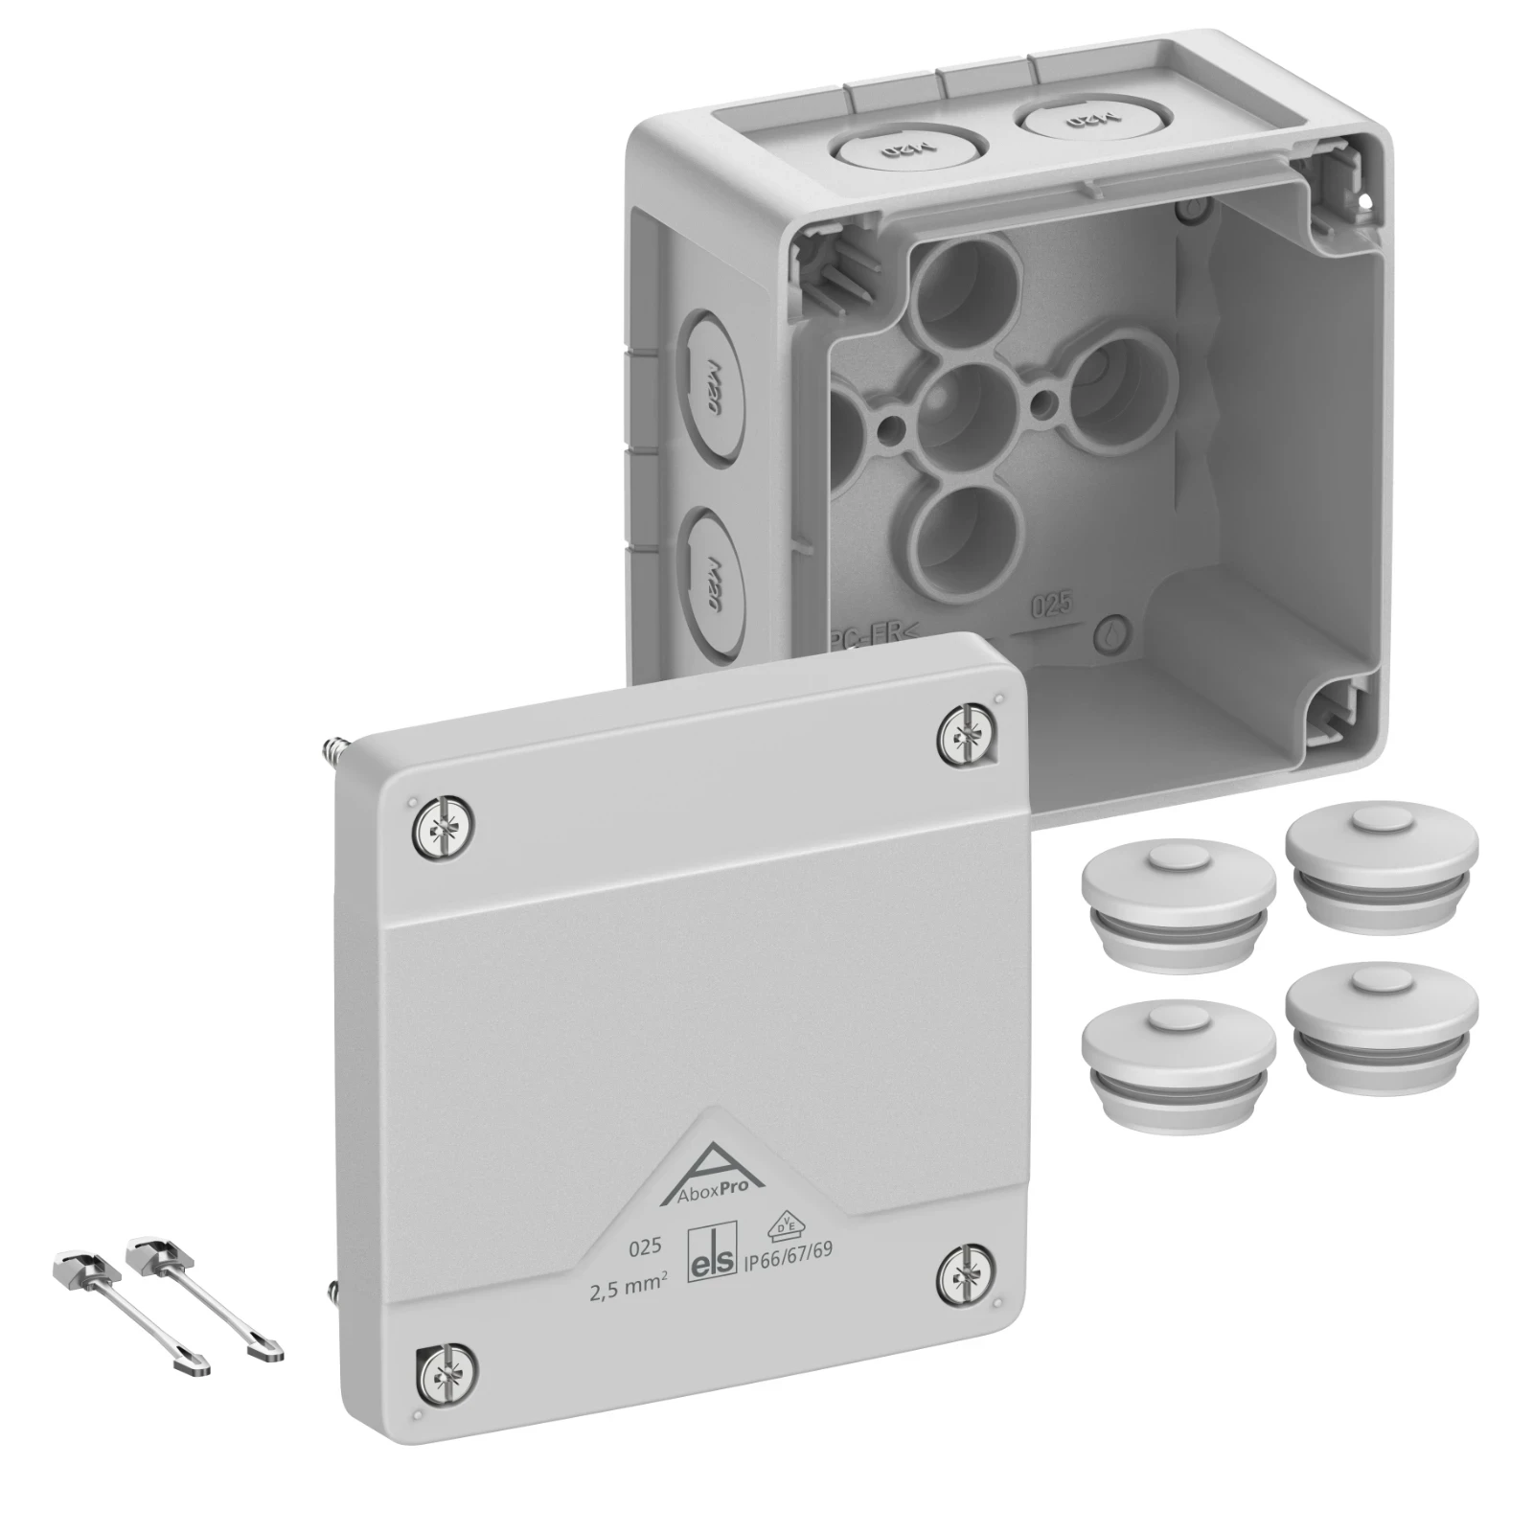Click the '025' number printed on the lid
pyautogui.click(x=644, y=1247)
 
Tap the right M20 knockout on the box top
pyautogui.click(x=1062, y=121)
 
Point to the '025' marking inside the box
pyautogui.click(x=1051, y=606)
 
